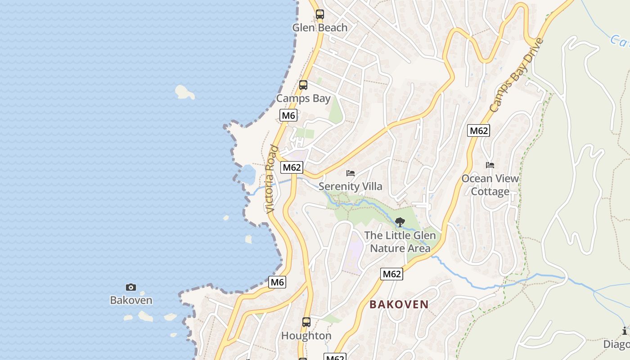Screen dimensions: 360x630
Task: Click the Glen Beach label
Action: [319, 28]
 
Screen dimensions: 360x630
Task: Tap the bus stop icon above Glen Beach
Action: [319, 14]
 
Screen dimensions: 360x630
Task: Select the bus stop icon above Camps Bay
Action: [303, 85]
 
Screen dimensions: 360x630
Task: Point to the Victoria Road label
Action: [270, 179]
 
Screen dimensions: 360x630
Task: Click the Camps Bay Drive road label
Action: [517, 76]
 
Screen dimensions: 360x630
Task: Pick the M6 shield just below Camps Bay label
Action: [288, 115]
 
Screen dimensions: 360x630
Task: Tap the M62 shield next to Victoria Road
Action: [292, 167]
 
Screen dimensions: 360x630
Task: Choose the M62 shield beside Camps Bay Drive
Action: [478, 130]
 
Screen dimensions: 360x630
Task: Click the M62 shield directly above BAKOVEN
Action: [391, 274]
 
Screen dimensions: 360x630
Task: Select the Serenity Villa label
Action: [350, 186]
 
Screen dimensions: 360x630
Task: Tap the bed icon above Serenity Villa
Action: [351, 173]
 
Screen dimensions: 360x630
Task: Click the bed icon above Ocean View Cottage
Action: [490, 165]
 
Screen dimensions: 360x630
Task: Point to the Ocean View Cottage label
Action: [490, 185]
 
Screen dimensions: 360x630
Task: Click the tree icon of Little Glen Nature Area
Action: [400, 222]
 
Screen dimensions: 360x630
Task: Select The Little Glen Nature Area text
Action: [400, 242]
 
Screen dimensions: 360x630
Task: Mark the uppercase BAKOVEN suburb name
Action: [399, 305]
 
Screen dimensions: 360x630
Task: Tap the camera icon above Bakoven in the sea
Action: [131, 287]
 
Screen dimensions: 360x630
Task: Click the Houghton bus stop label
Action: [306, 336]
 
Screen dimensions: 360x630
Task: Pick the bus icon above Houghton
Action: [306, 322]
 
